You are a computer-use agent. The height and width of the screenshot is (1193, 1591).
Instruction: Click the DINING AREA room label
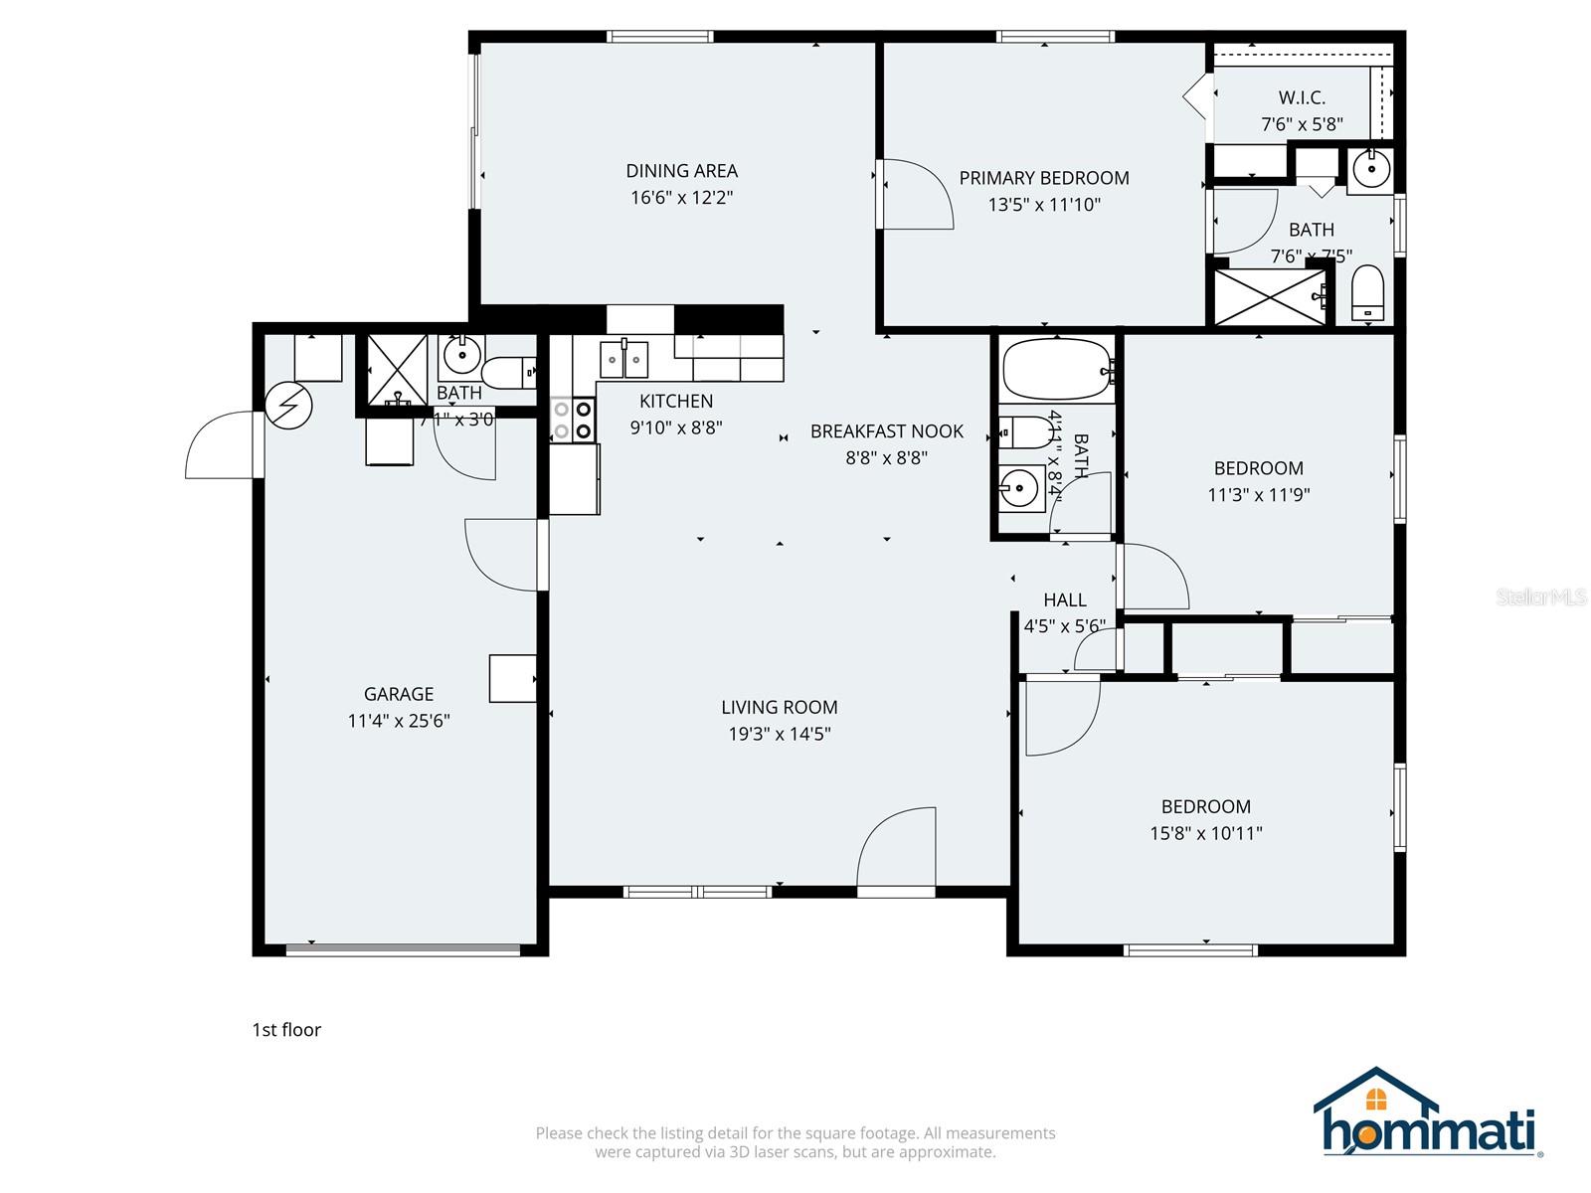681,171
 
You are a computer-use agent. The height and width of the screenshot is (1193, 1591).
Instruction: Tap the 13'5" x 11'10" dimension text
1044,205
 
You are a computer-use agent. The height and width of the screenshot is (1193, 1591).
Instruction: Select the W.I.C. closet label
1302,97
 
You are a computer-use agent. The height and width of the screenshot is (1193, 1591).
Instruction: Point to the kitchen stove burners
573,420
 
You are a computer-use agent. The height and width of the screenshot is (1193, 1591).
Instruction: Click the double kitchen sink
623,360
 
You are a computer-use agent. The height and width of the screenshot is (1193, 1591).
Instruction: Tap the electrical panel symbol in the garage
289,406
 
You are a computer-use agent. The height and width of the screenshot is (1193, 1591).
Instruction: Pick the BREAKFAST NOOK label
886,431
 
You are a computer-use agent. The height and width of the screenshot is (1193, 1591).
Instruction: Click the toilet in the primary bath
1368,293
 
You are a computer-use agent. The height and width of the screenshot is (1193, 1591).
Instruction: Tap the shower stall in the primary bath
1270,296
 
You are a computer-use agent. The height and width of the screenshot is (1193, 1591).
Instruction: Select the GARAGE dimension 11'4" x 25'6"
399,721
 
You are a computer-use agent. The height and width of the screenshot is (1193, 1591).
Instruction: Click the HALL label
1064,599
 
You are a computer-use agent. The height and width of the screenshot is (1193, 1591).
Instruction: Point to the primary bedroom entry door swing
915,195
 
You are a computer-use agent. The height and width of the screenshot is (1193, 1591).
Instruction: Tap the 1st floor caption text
286,1030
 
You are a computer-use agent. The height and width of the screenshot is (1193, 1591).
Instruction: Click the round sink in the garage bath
462,353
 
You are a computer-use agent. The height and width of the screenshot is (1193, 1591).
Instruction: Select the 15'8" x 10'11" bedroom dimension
1205,833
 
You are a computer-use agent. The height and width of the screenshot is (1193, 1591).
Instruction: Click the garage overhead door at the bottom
403,949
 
